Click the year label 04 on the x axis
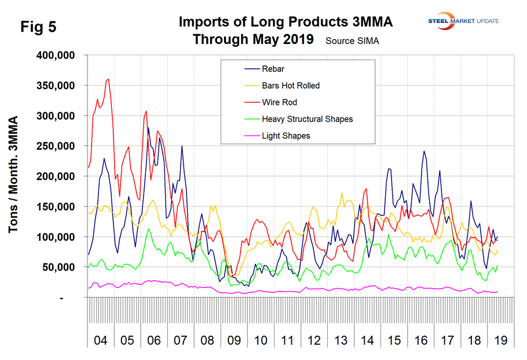100,340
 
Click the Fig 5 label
38,27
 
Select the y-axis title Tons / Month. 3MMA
13,175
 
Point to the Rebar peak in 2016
424,151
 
